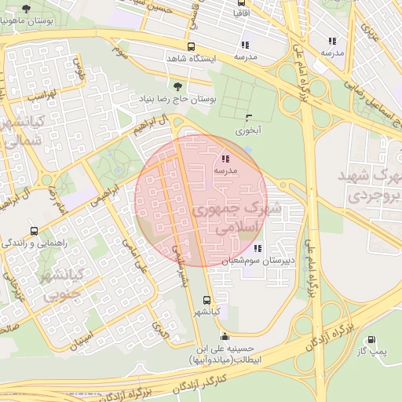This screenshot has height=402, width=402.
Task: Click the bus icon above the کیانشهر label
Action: pyautogui.click(x=206, y=300)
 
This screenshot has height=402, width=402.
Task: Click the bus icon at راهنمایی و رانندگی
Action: pyautogui.click(x=34, y=231)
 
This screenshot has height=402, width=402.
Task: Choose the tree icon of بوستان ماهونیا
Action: pyautogui.click(x=27, y=9)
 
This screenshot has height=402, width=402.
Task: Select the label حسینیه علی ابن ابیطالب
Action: pyautogui.click(x=230, y=354)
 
